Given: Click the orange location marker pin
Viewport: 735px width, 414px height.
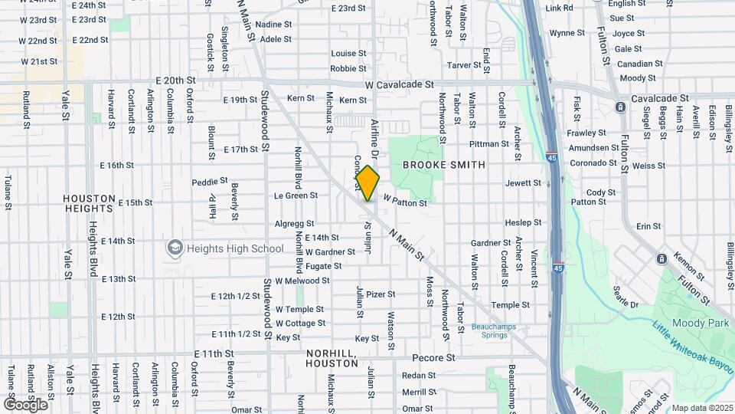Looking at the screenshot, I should pyautogui.click(x=367, y=183).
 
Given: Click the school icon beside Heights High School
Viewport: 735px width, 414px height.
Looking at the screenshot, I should pyautogui.click(x=175, y=248).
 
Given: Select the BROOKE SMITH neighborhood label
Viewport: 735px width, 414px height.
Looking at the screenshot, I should pyautogui.click(x=444, y=165).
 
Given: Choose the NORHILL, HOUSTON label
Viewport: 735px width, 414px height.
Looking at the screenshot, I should pyautogui.click(x=332, y=358).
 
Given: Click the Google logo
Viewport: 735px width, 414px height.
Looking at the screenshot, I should pyautogui.click(x=25, y=404).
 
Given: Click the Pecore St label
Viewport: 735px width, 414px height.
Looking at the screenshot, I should pyautogui.click(x=433, y=358).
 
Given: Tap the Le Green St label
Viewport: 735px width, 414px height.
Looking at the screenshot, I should pyautogui.click(x=296, y=195).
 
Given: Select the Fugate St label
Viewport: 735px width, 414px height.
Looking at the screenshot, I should pyautogui.click(x=323, y=265).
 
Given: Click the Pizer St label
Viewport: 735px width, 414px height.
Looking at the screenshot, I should pyautogui.click(x=381, y=294).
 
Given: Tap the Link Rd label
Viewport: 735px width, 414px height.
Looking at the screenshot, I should pyautogui.click(x=560, y=8).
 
